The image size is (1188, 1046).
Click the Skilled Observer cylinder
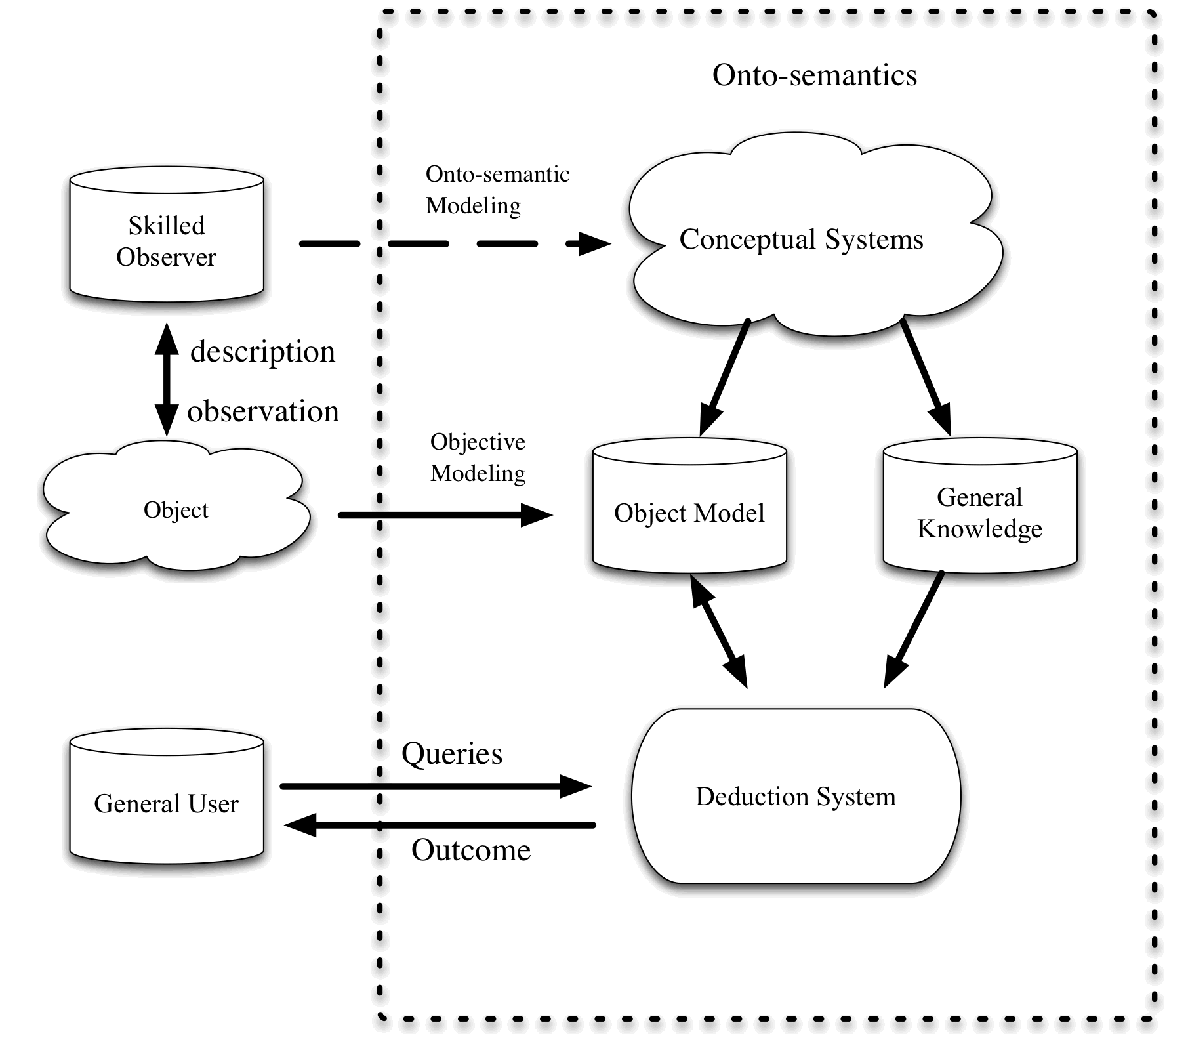click(x=167, y=240)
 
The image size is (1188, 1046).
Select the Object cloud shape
click(x=176, y=509)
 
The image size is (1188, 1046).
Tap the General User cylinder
click(x=167, y=803)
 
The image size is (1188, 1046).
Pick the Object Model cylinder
click(x=689, y=513)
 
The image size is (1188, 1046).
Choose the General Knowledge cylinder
click(x=980, y=513)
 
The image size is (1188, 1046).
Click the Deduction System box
click(x=796, y=796)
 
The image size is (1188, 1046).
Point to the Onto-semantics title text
click(x=815, y=75)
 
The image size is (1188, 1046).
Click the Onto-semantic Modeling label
click(x=497, y=190)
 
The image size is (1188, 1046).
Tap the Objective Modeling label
click(x=478, y=457)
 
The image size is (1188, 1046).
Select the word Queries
click(x=452, y=753)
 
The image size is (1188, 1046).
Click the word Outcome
click(x=471, y=850)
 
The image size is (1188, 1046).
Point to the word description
click(x=262, y=352)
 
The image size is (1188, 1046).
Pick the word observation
click(x=263, y=411)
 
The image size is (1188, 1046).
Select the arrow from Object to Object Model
click(x=446, y=515)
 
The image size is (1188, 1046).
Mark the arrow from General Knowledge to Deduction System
click(x=914, y=630)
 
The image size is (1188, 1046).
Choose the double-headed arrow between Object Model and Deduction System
click(x=719, y=630)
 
